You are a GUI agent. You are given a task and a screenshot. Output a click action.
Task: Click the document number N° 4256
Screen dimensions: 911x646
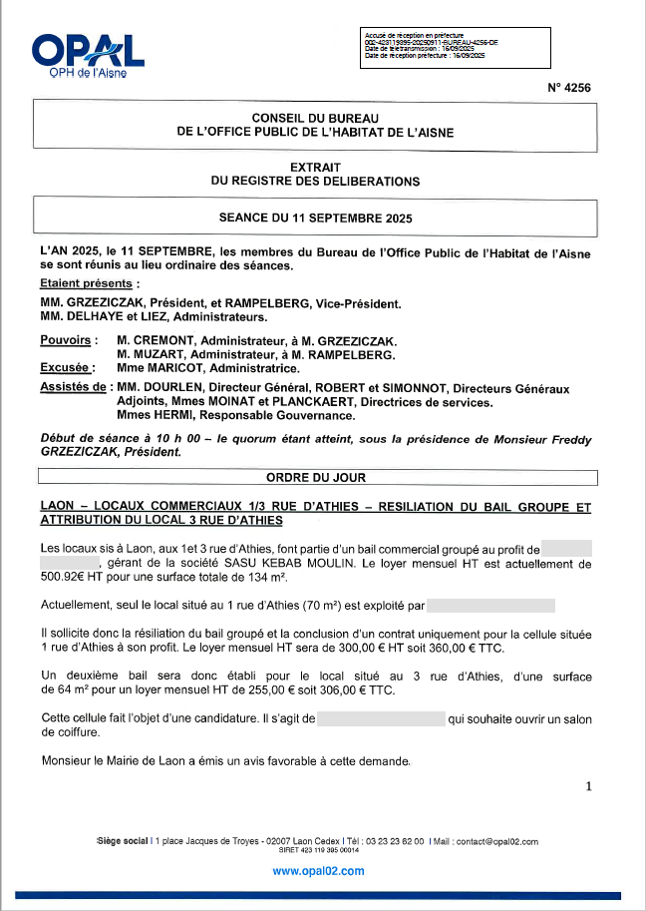[569, 88]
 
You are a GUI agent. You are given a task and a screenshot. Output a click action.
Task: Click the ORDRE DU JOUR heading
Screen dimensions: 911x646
[314, 478]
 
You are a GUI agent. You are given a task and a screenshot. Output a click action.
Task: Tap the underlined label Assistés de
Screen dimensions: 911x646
[72, 387]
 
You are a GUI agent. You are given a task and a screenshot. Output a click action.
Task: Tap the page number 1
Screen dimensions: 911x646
[588, 786]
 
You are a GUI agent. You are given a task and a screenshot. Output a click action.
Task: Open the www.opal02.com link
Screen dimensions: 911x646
[318, 871]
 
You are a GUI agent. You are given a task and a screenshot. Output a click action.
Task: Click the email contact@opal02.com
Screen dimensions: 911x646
[496, 842]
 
